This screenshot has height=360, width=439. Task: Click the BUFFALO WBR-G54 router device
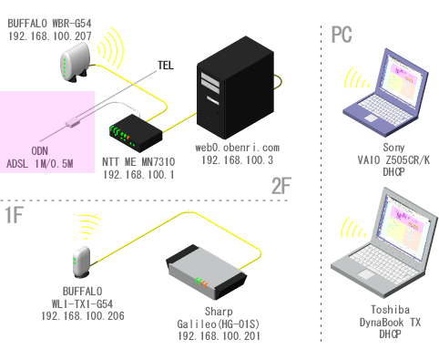pos(75,63)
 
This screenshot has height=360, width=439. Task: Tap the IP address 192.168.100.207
pos(49,36)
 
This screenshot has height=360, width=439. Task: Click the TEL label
pos(166,66)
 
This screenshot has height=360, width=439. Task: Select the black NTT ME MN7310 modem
pos(136,133)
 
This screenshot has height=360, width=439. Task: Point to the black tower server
pos(235,87)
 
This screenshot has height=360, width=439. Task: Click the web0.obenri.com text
pos(237,148)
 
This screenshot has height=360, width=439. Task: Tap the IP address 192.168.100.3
pos(237,160)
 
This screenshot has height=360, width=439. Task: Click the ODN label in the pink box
pos(40,151)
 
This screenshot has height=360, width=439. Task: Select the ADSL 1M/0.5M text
pos(40,164)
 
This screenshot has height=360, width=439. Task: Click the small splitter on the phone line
pos(73,122)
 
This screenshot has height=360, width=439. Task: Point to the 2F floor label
pos(281,186)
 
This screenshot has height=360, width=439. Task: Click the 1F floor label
pos(15,215)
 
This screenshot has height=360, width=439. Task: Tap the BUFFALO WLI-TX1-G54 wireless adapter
pos(82,262)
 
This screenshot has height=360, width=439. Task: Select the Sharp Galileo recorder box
pos(207,272)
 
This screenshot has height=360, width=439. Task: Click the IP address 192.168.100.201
pos(219,336)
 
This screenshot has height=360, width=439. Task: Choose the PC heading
pos(342,35)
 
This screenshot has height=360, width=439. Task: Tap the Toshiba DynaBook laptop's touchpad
pos(366,274)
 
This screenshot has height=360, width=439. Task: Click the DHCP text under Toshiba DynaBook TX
pos(390,334)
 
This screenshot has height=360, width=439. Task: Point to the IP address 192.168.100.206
pos(83,316)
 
